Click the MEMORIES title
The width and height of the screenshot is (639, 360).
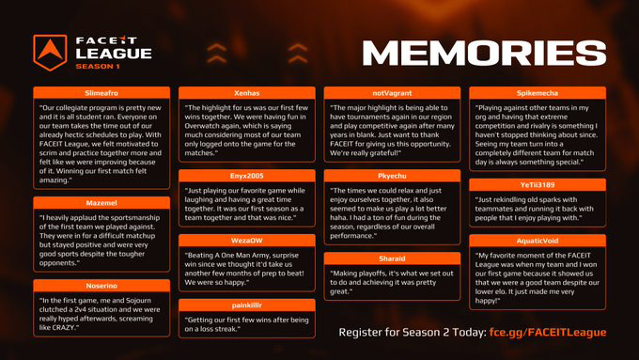(x=484, y=53)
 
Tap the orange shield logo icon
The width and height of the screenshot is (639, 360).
(x=50, y=53)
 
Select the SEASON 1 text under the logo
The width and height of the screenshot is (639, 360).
(x=98, y=67)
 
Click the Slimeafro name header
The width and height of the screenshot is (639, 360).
(x=101, y=93)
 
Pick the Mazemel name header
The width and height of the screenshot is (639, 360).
(x=101, y=203)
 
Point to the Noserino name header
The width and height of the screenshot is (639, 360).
(x=101, y=286)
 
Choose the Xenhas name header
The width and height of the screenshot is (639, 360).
(x=247, y=93)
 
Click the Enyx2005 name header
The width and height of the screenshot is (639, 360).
(x=247, y=176)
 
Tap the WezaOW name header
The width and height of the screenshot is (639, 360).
(x=247, y=241)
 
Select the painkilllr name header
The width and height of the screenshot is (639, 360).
(x=247, y=305)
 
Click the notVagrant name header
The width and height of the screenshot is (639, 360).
(x=392, y=93)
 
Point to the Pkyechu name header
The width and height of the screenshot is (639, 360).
(x=392, y=176)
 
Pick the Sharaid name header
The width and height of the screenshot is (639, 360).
(x=392, y=258)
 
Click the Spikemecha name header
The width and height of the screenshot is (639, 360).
(x=538, y=93)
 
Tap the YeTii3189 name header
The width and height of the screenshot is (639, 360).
(x=538, y=184)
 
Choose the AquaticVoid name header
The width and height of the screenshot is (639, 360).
(x=538, y=241)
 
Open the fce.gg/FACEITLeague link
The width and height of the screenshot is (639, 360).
(x=548, y=333)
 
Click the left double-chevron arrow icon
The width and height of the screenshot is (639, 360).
(x=216, y=54)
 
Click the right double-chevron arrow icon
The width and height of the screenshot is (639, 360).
(x=298, y=54)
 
